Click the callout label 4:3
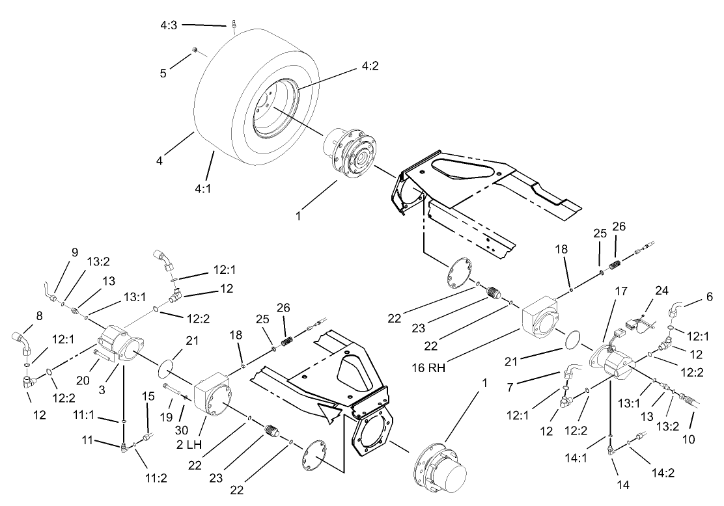[169, 25]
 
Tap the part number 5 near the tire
[163, 73]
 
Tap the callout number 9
[74, 252]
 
